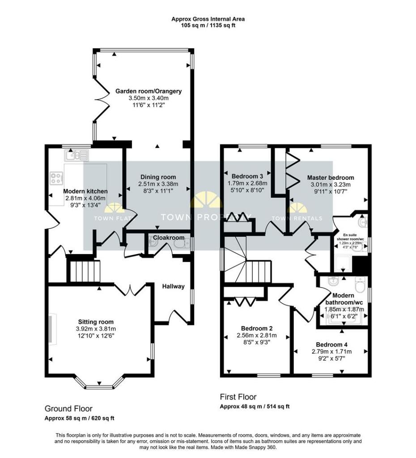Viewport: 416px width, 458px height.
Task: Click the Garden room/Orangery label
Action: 149,91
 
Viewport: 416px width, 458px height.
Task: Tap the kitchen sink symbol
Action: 76,155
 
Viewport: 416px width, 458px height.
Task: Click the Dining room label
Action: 158,177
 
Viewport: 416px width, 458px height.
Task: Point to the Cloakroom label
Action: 166,237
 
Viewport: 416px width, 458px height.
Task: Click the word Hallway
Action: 173,286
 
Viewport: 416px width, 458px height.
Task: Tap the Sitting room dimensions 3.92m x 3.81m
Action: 96,329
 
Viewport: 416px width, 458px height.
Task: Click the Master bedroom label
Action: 331,178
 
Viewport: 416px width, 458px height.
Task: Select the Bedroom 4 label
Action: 331,344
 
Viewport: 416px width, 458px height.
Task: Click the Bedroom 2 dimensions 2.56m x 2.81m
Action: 256,335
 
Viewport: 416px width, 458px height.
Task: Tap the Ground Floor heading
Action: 68,408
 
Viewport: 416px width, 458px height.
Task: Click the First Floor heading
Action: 238,397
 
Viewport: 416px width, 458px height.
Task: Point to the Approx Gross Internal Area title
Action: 208,19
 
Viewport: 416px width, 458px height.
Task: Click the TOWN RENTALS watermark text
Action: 297,218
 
